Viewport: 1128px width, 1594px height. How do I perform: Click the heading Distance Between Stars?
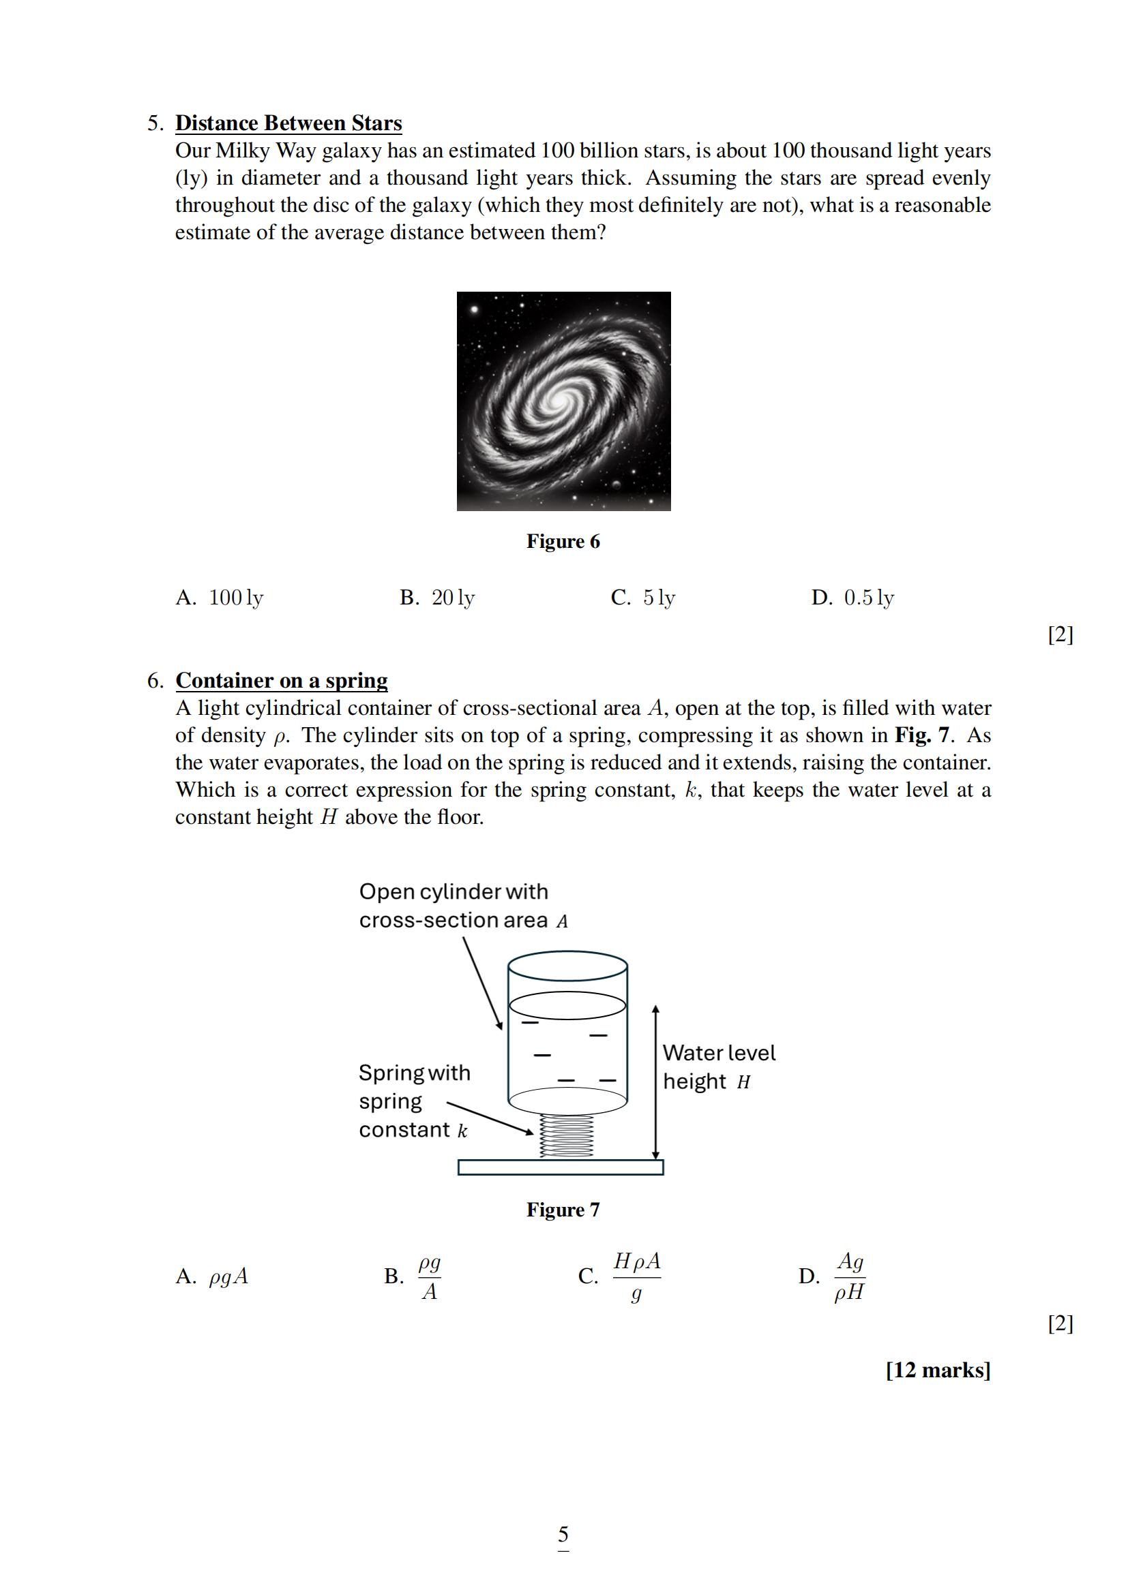288,123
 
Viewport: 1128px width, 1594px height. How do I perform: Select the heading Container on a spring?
281,680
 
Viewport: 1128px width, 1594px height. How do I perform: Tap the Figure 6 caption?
563,542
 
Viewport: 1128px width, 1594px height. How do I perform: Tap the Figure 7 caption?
563,1210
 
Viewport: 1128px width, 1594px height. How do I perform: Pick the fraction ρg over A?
429,1276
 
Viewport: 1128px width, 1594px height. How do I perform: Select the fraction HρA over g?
636,1276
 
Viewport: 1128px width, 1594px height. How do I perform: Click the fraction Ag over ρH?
850,1276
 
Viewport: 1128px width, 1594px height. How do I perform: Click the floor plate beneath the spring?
561,1168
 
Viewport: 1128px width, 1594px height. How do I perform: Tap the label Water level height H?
718,1067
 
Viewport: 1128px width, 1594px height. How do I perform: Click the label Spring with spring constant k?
414,1101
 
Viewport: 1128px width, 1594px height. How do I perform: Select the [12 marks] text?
938,1370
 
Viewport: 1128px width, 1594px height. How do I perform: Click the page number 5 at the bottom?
563,1533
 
